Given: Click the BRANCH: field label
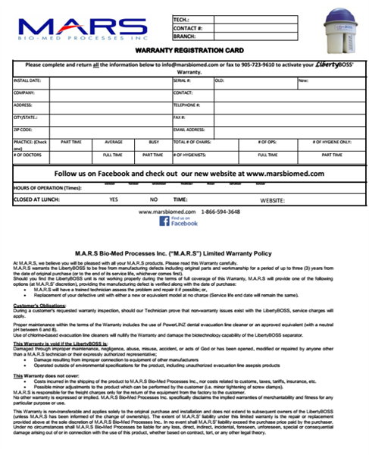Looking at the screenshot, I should tap(186, 35).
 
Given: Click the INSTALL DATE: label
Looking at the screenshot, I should tap(27, 79).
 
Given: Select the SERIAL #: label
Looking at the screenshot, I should tap(183, 79).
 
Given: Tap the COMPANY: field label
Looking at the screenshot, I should tap(25, 92).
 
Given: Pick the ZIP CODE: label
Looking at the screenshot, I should tap(25, 130).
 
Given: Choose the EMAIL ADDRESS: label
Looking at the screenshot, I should tap(191, 130).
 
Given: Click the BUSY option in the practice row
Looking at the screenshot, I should tap(154, 142).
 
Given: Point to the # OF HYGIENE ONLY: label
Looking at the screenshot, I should tap(332, 142).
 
